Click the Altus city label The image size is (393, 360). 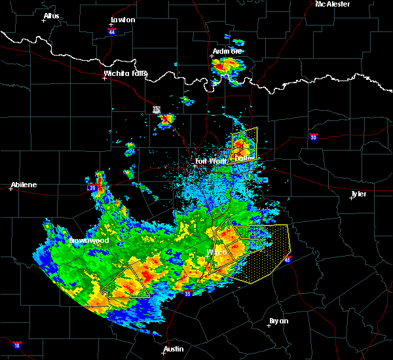pos(51,16)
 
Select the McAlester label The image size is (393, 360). pos(332,4)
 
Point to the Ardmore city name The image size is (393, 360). pos(227,51)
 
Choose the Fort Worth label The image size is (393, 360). pos(210,161)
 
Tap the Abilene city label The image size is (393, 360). pos(23,185)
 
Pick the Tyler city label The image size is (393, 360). pos(358,194)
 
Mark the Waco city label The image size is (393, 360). pos(217,252)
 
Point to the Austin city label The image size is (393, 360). pos(174,349)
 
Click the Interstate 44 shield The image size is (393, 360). pos(112,31)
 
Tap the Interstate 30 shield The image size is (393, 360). pos(314,137)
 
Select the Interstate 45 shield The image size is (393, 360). pos(288,261)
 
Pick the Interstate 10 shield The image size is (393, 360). pos(16,344)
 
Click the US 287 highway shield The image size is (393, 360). pos(157,109)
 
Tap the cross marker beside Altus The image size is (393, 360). pos(43,21)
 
